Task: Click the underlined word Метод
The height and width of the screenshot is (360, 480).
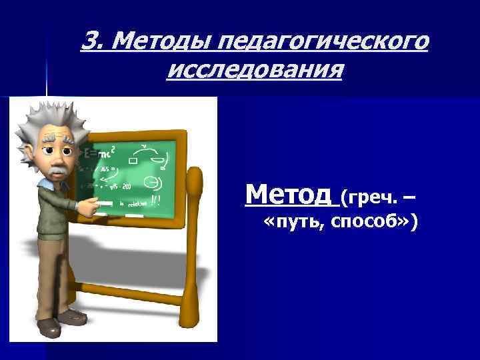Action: (288, 195)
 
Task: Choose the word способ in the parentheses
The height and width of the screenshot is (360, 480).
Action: (373, 225)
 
